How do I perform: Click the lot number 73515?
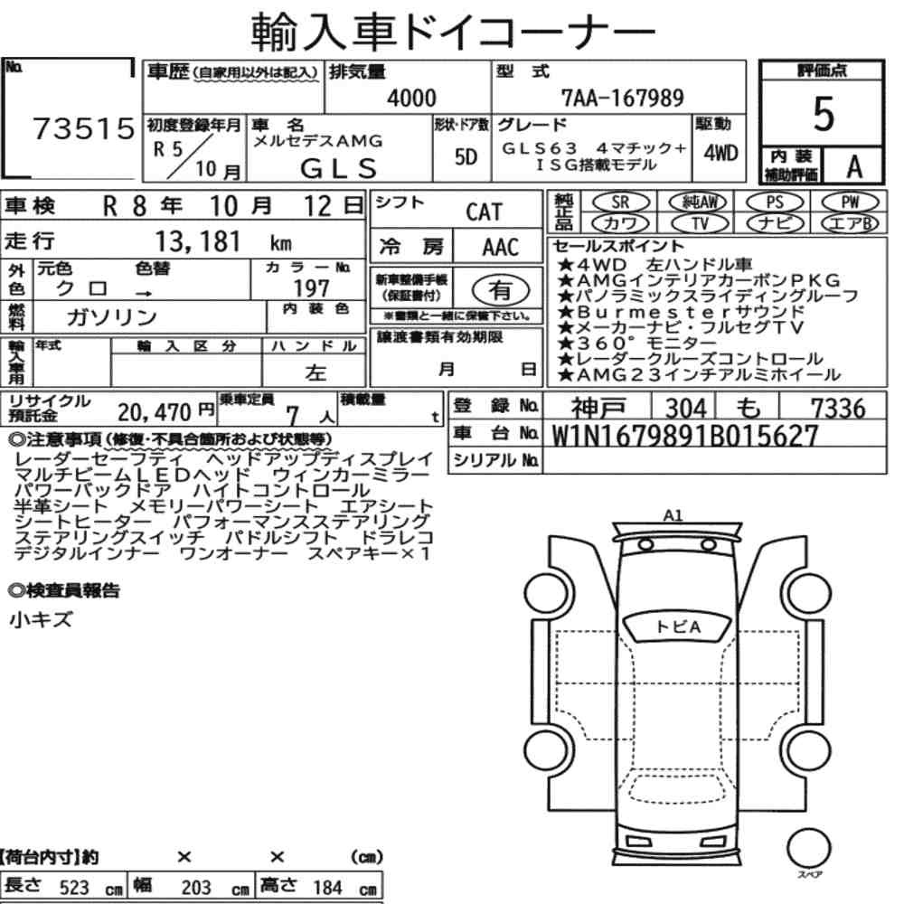(84, 128)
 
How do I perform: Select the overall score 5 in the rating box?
(824, 114)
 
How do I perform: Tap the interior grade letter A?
(854, 166)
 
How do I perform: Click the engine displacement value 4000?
(411, 98)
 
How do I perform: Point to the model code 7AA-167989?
(623, 98)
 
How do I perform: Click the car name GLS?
(338, 168)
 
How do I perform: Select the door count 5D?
(466, 156)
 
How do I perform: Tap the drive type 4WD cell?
(720, 154)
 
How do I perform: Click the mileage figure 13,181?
(198, 241)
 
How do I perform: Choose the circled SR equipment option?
(620, 202)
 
